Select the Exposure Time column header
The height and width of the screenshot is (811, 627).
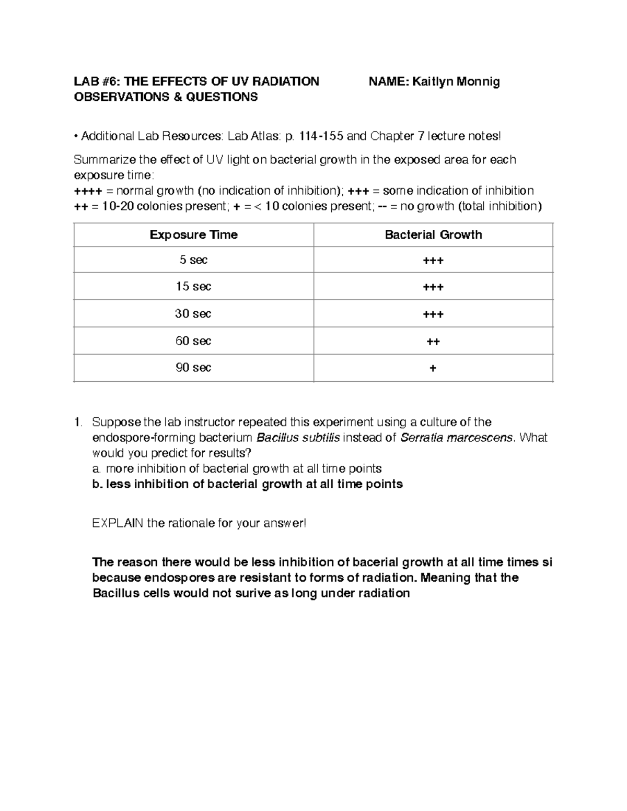[193, 235]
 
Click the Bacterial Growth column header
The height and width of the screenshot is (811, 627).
[433, 235]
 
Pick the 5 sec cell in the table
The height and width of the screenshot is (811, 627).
[193, 260]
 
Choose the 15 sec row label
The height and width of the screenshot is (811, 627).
[193, 287]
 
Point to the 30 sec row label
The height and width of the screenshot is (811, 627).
[193, 314]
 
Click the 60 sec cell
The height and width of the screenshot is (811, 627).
[193, 341]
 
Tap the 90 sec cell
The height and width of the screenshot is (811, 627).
[193, 368]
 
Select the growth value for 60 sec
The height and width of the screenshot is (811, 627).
[433, 342]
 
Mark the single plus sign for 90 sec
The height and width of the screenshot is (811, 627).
[433, 369]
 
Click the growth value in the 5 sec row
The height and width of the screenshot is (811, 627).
[433, 261]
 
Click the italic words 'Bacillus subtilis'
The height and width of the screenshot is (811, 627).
[298, 438]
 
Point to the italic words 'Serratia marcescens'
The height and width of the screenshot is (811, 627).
[456, 438]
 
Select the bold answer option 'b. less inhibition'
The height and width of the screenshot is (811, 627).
[247, 484]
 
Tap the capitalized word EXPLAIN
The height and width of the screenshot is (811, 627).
[118, 523]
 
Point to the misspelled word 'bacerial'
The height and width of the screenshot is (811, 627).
[375, 562]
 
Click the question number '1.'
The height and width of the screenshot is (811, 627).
[78, 422]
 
